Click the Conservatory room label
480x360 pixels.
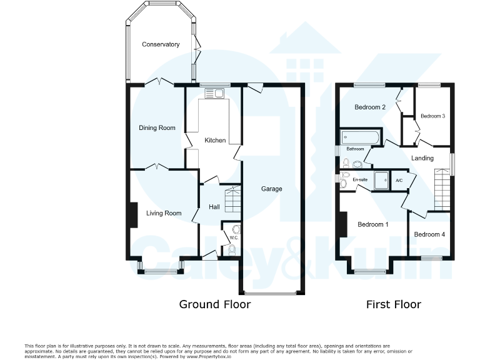click(x=161, y=44)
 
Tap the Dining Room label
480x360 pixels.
click(x=157, y=128)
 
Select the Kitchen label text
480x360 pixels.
click(x=215, y=141)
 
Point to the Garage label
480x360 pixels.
click(x=271, y=189)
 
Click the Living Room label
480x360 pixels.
click(x=164, y=213)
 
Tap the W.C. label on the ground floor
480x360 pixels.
click(x=233, y=238)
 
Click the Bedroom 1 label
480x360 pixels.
click(x=372, y=224)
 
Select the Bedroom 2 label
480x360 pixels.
click(x=369, y=107)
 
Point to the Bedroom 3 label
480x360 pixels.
click(x=432, y=116)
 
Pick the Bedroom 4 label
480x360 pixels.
click(x=429, y=234)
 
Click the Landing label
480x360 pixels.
click(x=422, y=158)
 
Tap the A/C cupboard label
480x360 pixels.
click(x=399, y=181)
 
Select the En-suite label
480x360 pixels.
click(x=359, y=180)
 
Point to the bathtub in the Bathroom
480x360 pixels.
click(x=359, y=137)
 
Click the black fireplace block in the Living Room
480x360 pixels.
click(x=133, y=216)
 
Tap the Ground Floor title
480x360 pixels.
click(x=214, y=304)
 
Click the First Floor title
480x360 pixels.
click(x=393, y=304)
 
